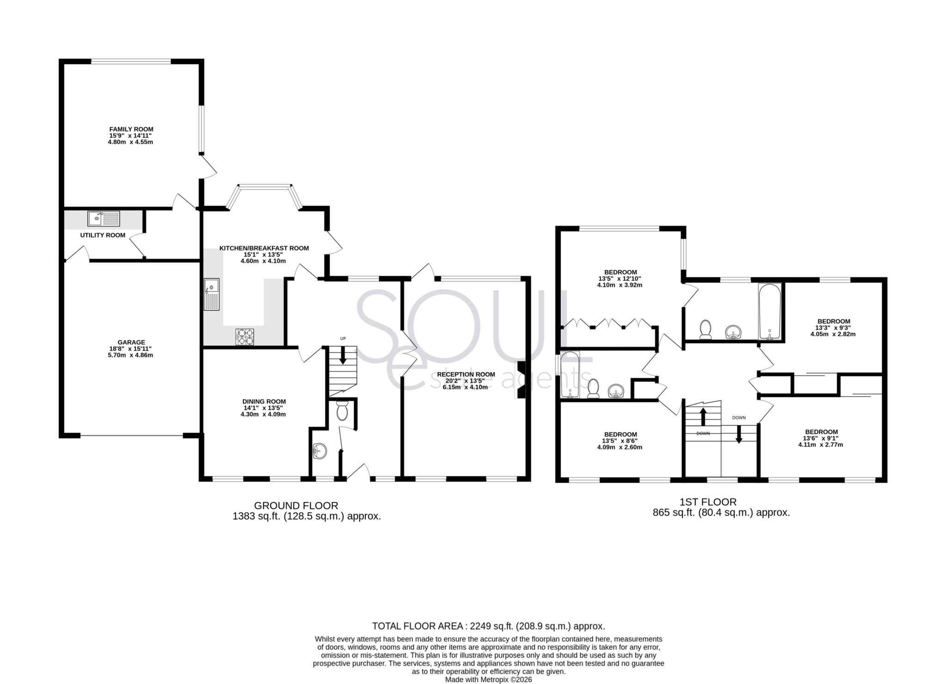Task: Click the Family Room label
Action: click(131, 129)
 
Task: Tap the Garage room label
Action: click(131, 342)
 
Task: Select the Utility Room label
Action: click(103, 235)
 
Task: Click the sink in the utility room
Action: click(103, 218)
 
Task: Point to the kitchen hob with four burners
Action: click(245, 336)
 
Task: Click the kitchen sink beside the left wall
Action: click(212, 294)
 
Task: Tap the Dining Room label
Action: click(264, 401)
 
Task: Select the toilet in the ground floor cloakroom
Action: click(342, 411)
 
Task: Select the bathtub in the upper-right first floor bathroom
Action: click(770, 312)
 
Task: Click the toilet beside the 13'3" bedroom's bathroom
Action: click(705, 329)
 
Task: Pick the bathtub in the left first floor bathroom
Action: click(569, 375)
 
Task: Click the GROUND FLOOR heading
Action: click(296, 506)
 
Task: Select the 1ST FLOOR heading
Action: click(708, 502)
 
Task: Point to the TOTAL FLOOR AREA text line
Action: click(488, 626)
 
